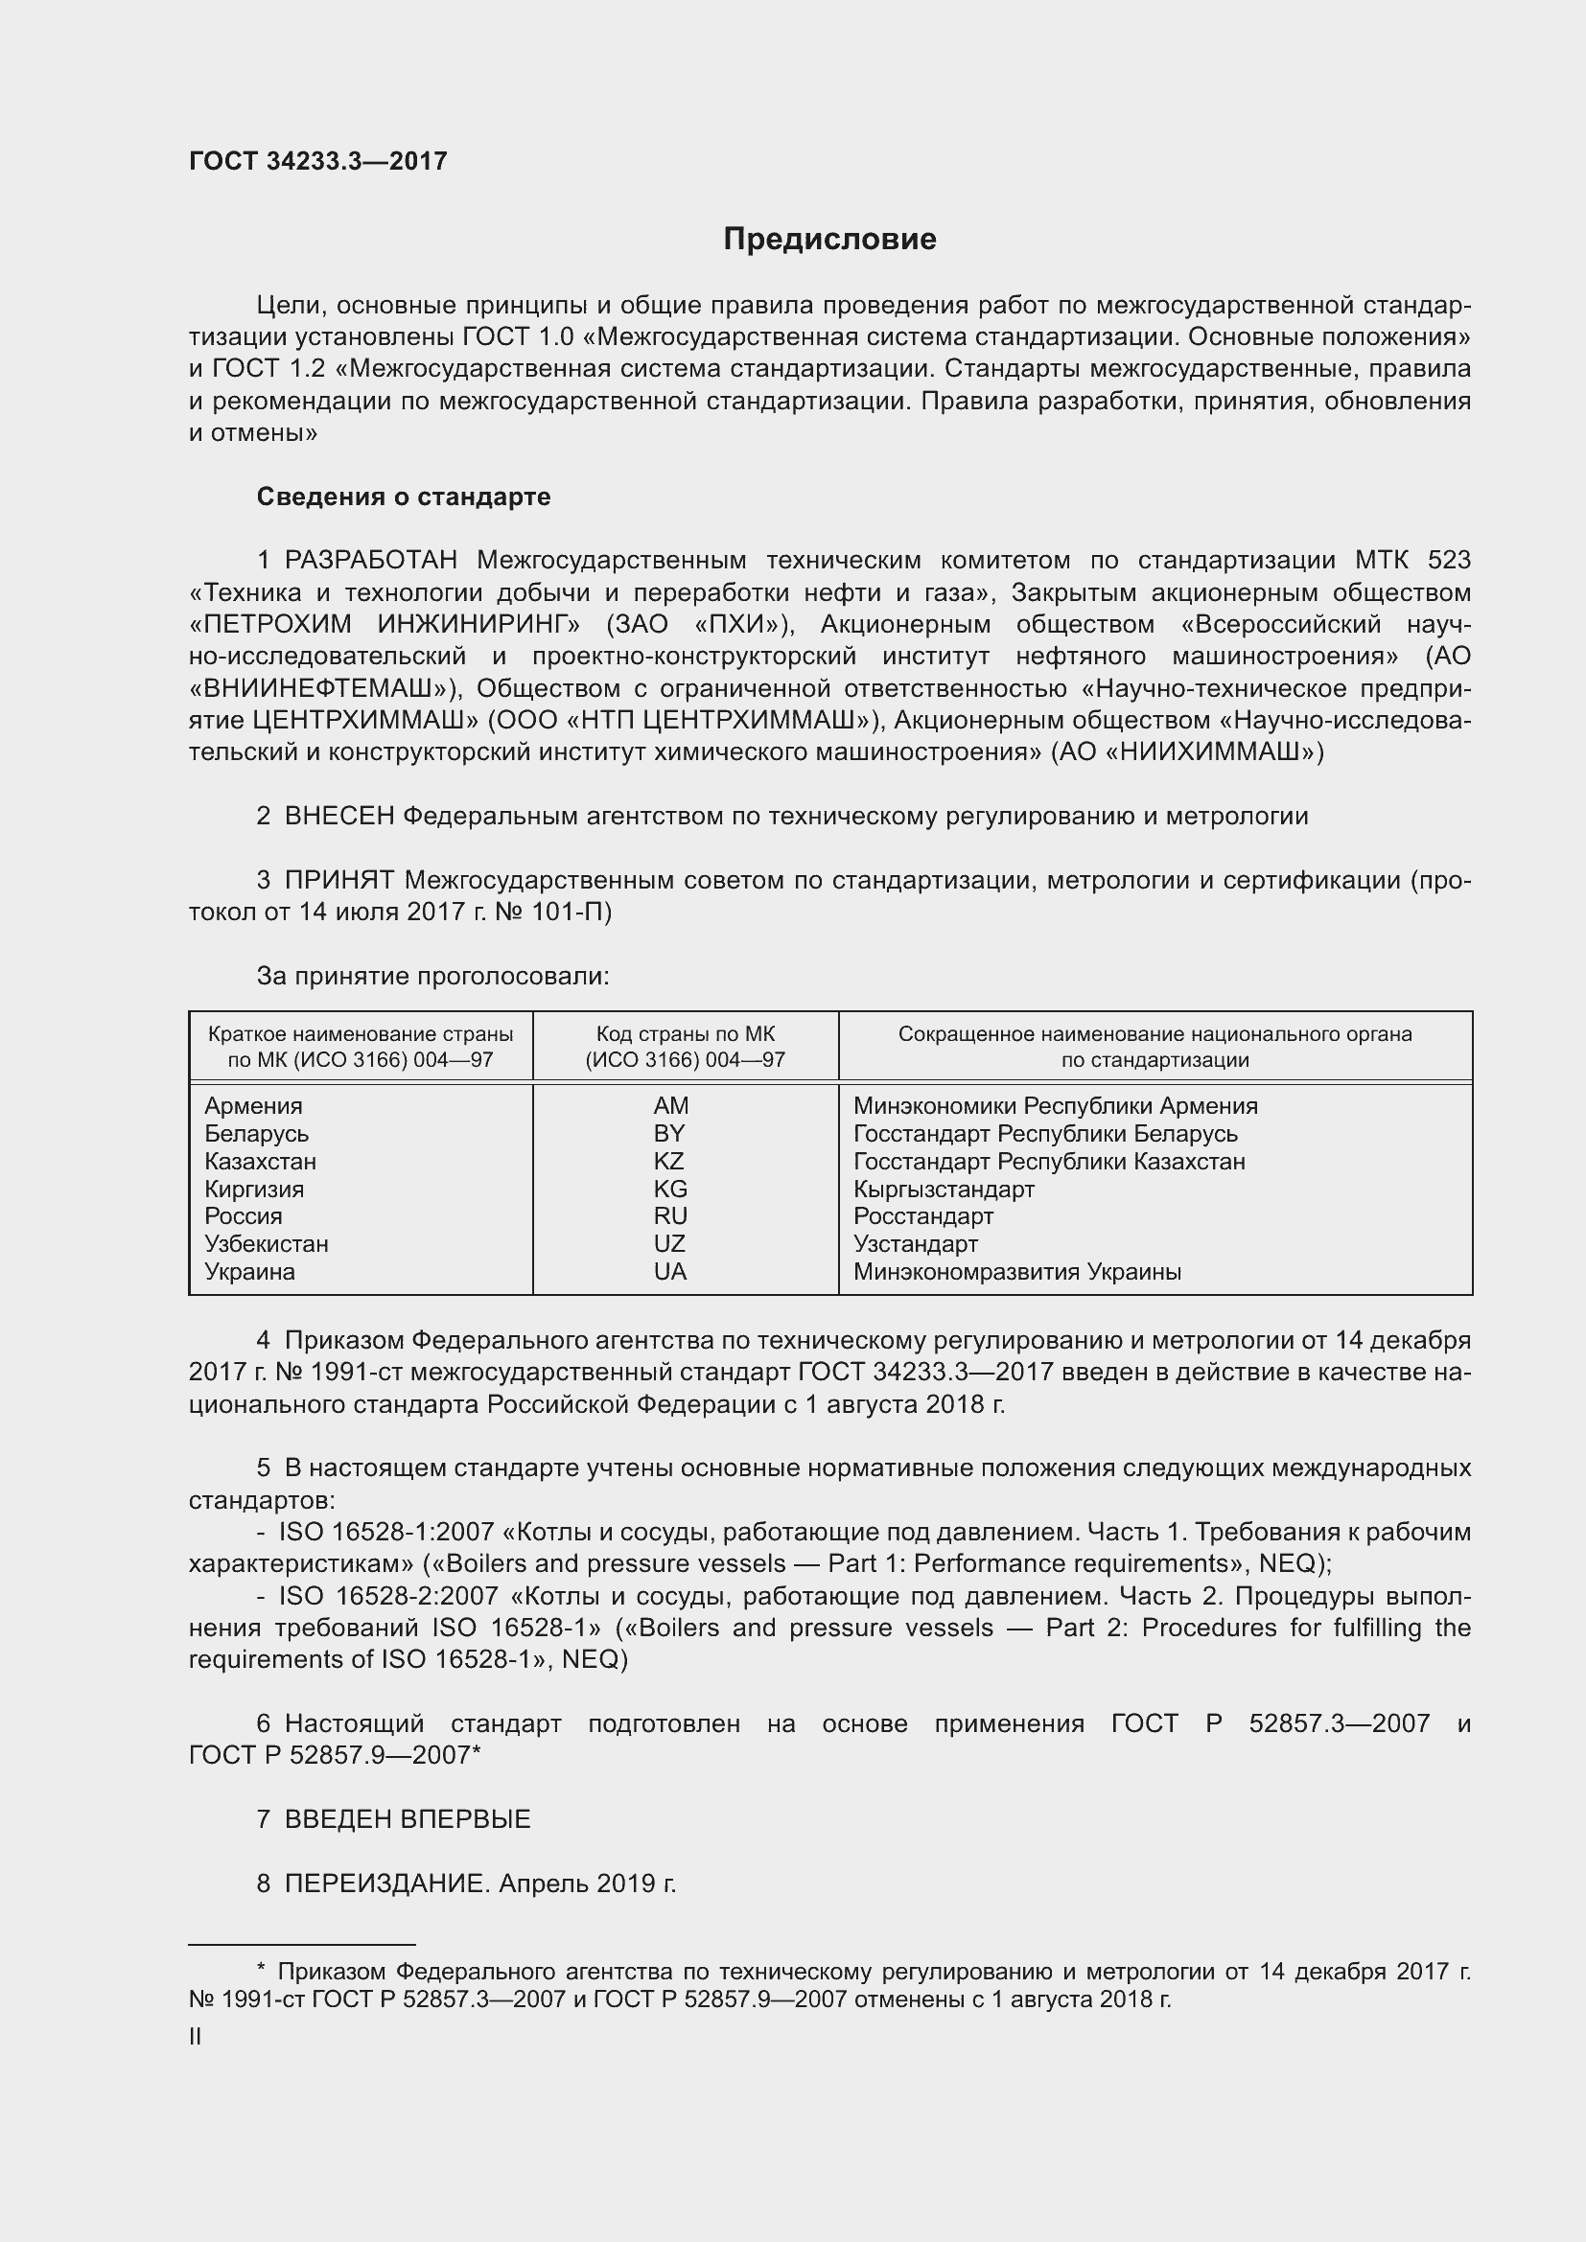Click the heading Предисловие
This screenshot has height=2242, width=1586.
pos(829,240)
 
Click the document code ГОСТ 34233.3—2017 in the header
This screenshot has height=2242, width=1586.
pos(317,162)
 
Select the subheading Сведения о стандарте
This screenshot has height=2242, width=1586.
pos(404,497)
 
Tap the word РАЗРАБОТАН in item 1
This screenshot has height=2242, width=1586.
pos(371,561)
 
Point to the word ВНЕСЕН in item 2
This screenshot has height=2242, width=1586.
pos(338,817)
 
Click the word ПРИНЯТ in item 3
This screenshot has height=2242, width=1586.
pos(338,881)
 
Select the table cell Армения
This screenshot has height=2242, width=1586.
pos(254,1106)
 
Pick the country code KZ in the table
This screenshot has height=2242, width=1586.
pos(669,1161)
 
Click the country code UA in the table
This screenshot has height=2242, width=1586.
pos(670,1271)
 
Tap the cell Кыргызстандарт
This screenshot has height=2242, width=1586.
pos(944,1190)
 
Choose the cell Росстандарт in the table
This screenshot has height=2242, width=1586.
pos(922,1216)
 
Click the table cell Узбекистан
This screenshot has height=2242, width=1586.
pos(267,1244)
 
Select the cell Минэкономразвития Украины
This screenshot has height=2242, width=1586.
pos(1016,1271)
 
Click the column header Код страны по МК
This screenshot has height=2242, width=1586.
pos(685,1034)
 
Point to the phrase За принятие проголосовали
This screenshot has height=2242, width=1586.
pos(432,976)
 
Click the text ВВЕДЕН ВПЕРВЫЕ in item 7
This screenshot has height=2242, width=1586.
pos(408,1819)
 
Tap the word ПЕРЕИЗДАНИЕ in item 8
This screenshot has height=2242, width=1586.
pos(385,1884)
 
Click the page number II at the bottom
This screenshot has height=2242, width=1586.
pos(196,2037)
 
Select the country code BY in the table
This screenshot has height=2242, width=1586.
pos(669,1134)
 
